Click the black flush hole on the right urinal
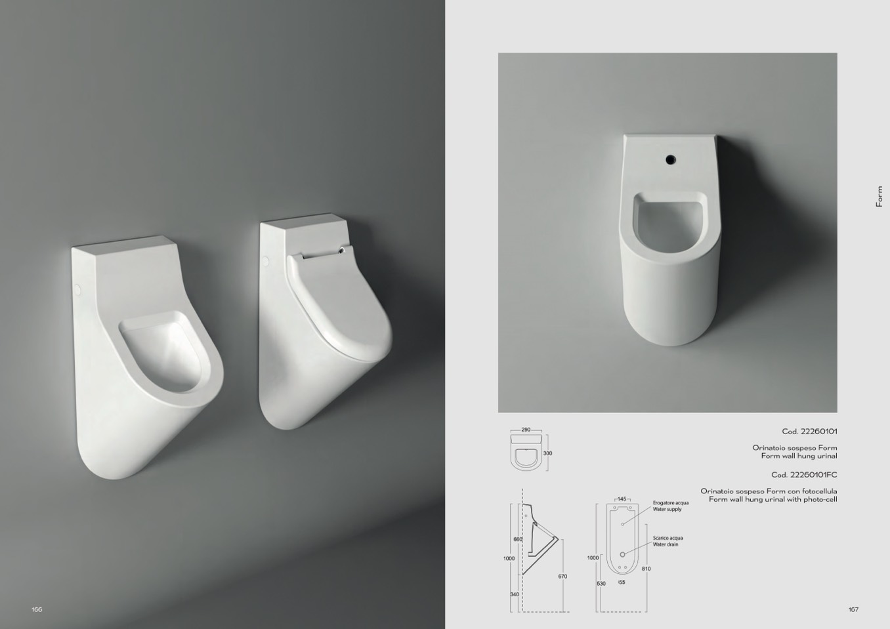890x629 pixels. (670, 159)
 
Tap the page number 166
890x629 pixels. (37, 609)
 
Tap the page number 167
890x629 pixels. (853, 609)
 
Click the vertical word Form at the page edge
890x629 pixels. (879, 197)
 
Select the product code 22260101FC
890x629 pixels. (804, 474)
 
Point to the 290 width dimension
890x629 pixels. (526, 430)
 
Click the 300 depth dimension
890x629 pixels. (547, 453)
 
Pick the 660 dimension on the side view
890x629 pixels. (518, 539)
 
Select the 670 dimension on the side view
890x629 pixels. (562, 576)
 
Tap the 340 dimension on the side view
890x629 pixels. (515, 594)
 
